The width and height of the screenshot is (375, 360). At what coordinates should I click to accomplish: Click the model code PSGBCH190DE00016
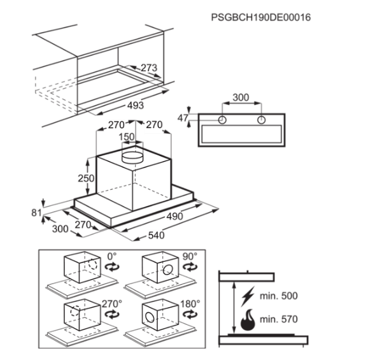[x=261, y=17]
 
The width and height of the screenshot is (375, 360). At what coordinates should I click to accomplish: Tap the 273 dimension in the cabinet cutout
[x=149, y=68]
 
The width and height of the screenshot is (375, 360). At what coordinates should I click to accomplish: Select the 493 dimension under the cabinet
[x=136, y=105]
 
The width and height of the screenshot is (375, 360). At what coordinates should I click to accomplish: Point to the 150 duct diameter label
[x=127, y=137]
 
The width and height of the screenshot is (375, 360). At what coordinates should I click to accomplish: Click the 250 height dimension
[x=86, y=178]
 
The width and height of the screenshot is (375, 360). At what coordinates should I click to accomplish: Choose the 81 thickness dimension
[x=36, y=213]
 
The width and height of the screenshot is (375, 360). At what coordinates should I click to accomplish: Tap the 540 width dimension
[x=157, y=236]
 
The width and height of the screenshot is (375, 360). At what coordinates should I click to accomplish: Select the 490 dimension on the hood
[x=175, y=217]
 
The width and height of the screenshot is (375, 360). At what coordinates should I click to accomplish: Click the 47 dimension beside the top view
[x=183, y=118]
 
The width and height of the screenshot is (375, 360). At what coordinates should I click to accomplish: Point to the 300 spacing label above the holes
[x=241, y=97]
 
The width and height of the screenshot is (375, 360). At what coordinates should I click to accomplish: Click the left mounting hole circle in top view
[x=222, y=120]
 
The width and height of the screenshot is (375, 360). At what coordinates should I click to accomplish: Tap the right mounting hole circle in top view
[x=262, y=120]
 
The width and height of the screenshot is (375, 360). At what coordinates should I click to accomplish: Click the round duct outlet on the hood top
[x=132, y=157]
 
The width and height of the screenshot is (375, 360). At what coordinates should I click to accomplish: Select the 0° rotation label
[x=112, y=256]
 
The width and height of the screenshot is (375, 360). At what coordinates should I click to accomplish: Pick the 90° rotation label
[x=190, y=256]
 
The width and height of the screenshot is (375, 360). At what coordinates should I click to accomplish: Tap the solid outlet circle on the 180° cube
[x=150, y=317]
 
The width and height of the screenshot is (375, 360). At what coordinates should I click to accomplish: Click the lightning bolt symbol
[x=248, y=296]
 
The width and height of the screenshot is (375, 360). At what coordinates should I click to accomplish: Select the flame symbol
[x=248, y=320]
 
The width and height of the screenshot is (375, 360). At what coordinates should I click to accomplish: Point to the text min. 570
[x=279, y=319]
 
